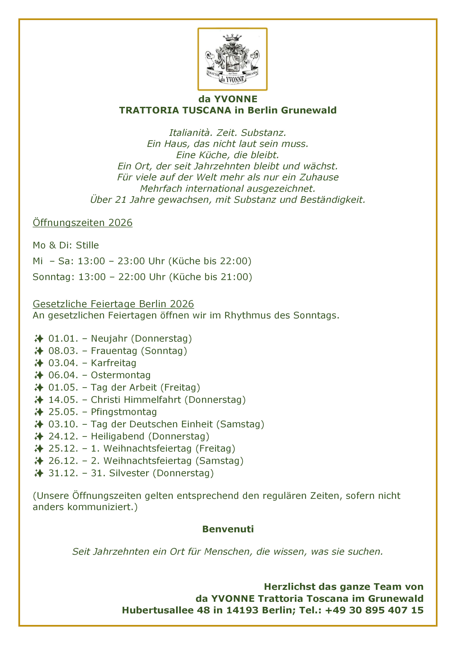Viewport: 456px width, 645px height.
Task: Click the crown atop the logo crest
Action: tap(232, 38)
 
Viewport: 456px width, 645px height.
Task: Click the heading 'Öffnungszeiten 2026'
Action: tap(83, 223)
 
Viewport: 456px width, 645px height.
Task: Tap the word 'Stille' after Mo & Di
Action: tap(87, 245)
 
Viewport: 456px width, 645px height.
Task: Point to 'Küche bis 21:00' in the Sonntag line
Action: tap(210, 277)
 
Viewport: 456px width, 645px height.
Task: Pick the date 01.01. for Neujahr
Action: tap(63, 339)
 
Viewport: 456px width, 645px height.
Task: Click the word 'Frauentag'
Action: tap(114, 351)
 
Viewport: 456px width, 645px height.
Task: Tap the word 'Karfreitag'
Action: tap(114, 363)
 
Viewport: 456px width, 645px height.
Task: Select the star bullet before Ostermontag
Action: tap(39, 375)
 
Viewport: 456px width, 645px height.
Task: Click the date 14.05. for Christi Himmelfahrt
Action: tap(63, 400)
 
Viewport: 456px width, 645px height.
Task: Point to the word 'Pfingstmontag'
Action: tap(124, 412)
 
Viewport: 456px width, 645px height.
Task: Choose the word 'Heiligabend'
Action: tap(118, 436)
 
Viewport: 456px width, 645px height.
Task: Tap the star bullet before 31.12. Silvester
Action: tap(39, 473)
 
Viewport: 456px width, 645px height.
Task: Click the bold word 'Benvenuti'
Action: tap(228, 529)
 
